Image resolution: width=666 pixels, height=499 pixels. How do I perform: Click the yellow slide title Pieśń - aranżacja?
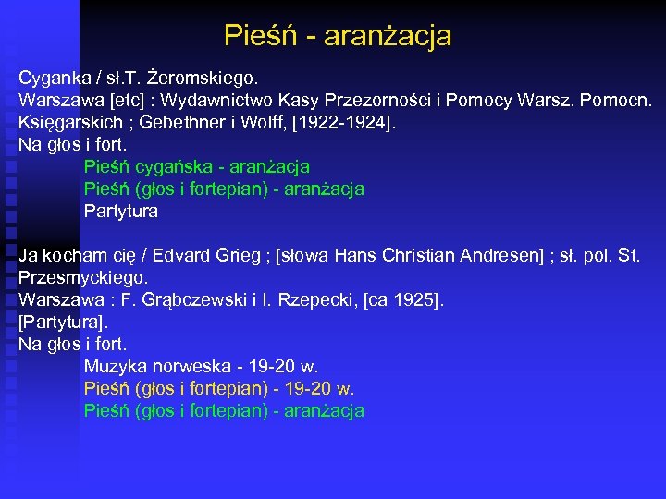click(x=338, y=36)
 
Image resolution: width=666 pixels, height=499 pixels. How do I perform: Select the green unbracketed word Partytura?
click(x=121, y=212)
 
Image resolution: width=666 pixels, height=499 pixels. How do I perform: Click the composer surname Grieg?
click(x=240, y=255)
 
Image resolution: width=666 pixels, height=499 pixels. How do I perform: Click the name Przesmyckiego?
click(x=83, y=277)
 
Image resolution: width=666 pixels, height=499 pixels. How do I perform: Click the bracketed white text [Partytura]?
click(x=63, y=322)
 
